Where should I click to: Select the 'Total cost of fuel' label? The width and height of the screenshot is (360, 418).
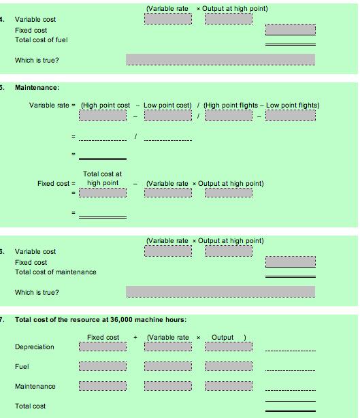tap(41, 39)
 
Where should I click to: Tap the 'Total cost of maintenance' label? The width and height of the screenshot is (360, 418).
tap(55, 272)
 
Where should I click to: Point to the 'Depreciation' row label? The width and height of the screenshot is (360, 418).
tap(34, 347)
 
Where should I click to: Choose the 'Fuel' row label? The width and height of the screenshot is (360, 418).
tap(21, 366)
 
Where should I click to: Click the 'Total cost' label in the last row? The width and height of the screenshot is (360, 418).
tap(31, 406)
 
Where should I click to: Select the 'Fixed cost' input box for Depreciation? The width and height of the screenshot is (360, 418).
tap(103, 347)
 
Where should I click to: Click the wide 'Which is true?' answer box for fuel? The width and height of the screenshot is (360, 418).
tap(220, 60)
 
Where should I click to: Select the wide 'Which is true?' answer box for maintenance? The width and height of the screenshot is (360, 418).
tap(220, 291)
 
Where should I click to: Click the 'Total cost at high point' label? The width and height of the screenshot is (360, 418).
tap(102, 178)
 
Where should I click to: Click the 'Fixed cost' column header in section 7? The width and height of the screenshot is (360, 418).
tap(103, 337)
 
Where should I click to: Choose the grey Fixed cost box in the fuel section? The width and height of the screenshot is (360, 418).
tap(291, 30)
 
